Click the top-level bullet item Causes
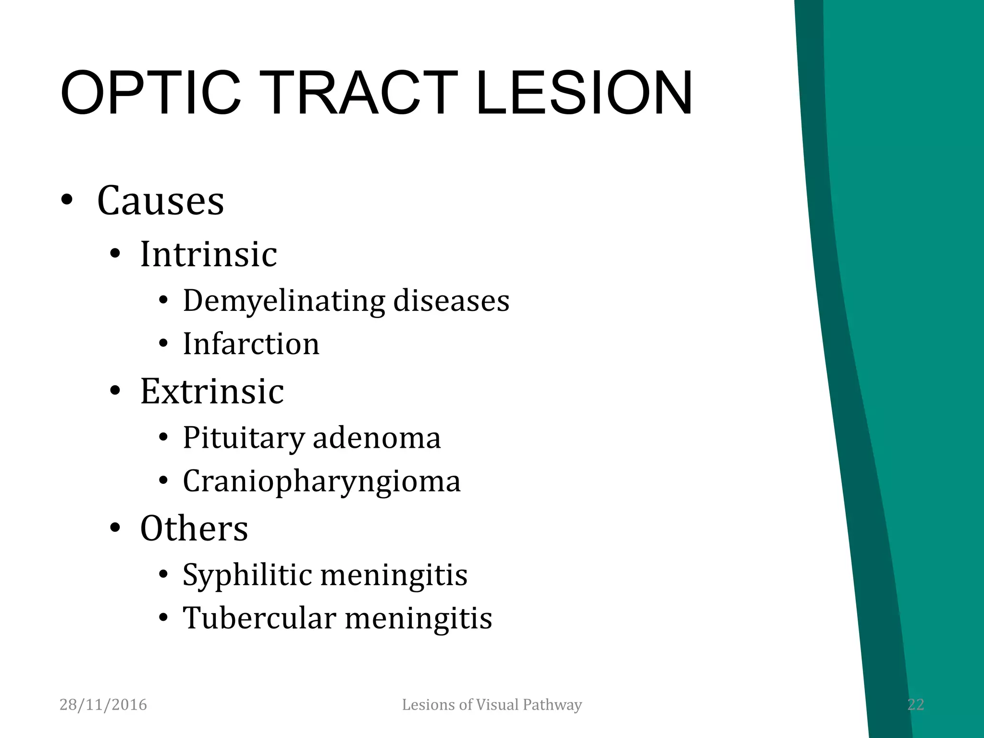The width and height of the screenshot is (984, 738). (x=160, y=200)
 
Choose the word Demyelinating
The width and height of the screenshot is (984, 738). (x=283, y=301)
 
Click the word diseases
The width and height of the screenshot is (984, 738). (x=451, y=301)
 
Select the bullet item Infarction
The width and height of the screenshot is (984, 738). (x=251, y=344)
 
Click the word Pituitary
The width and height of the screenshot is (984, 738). (x=244, y=438)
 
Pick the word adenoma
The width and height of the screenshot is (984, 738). (x=376, y=438)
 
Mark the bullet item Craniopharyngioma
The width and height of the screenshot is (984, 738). (x=321, y=481)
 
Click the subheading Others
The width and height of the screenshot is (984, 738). (x=194, y=528)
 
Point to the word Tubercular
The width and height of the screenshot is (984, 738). (x=259, y=618)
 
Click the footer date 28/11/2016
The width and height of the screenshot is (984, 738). (x=103, y=705)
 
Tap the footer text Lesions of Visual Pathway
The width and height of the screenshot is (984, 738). (x=492, y=705)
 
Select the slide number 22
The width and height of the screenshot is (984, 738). (x=915, y=705)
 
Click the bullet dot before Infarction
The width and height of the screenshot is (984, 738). (x=163, y=344)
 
